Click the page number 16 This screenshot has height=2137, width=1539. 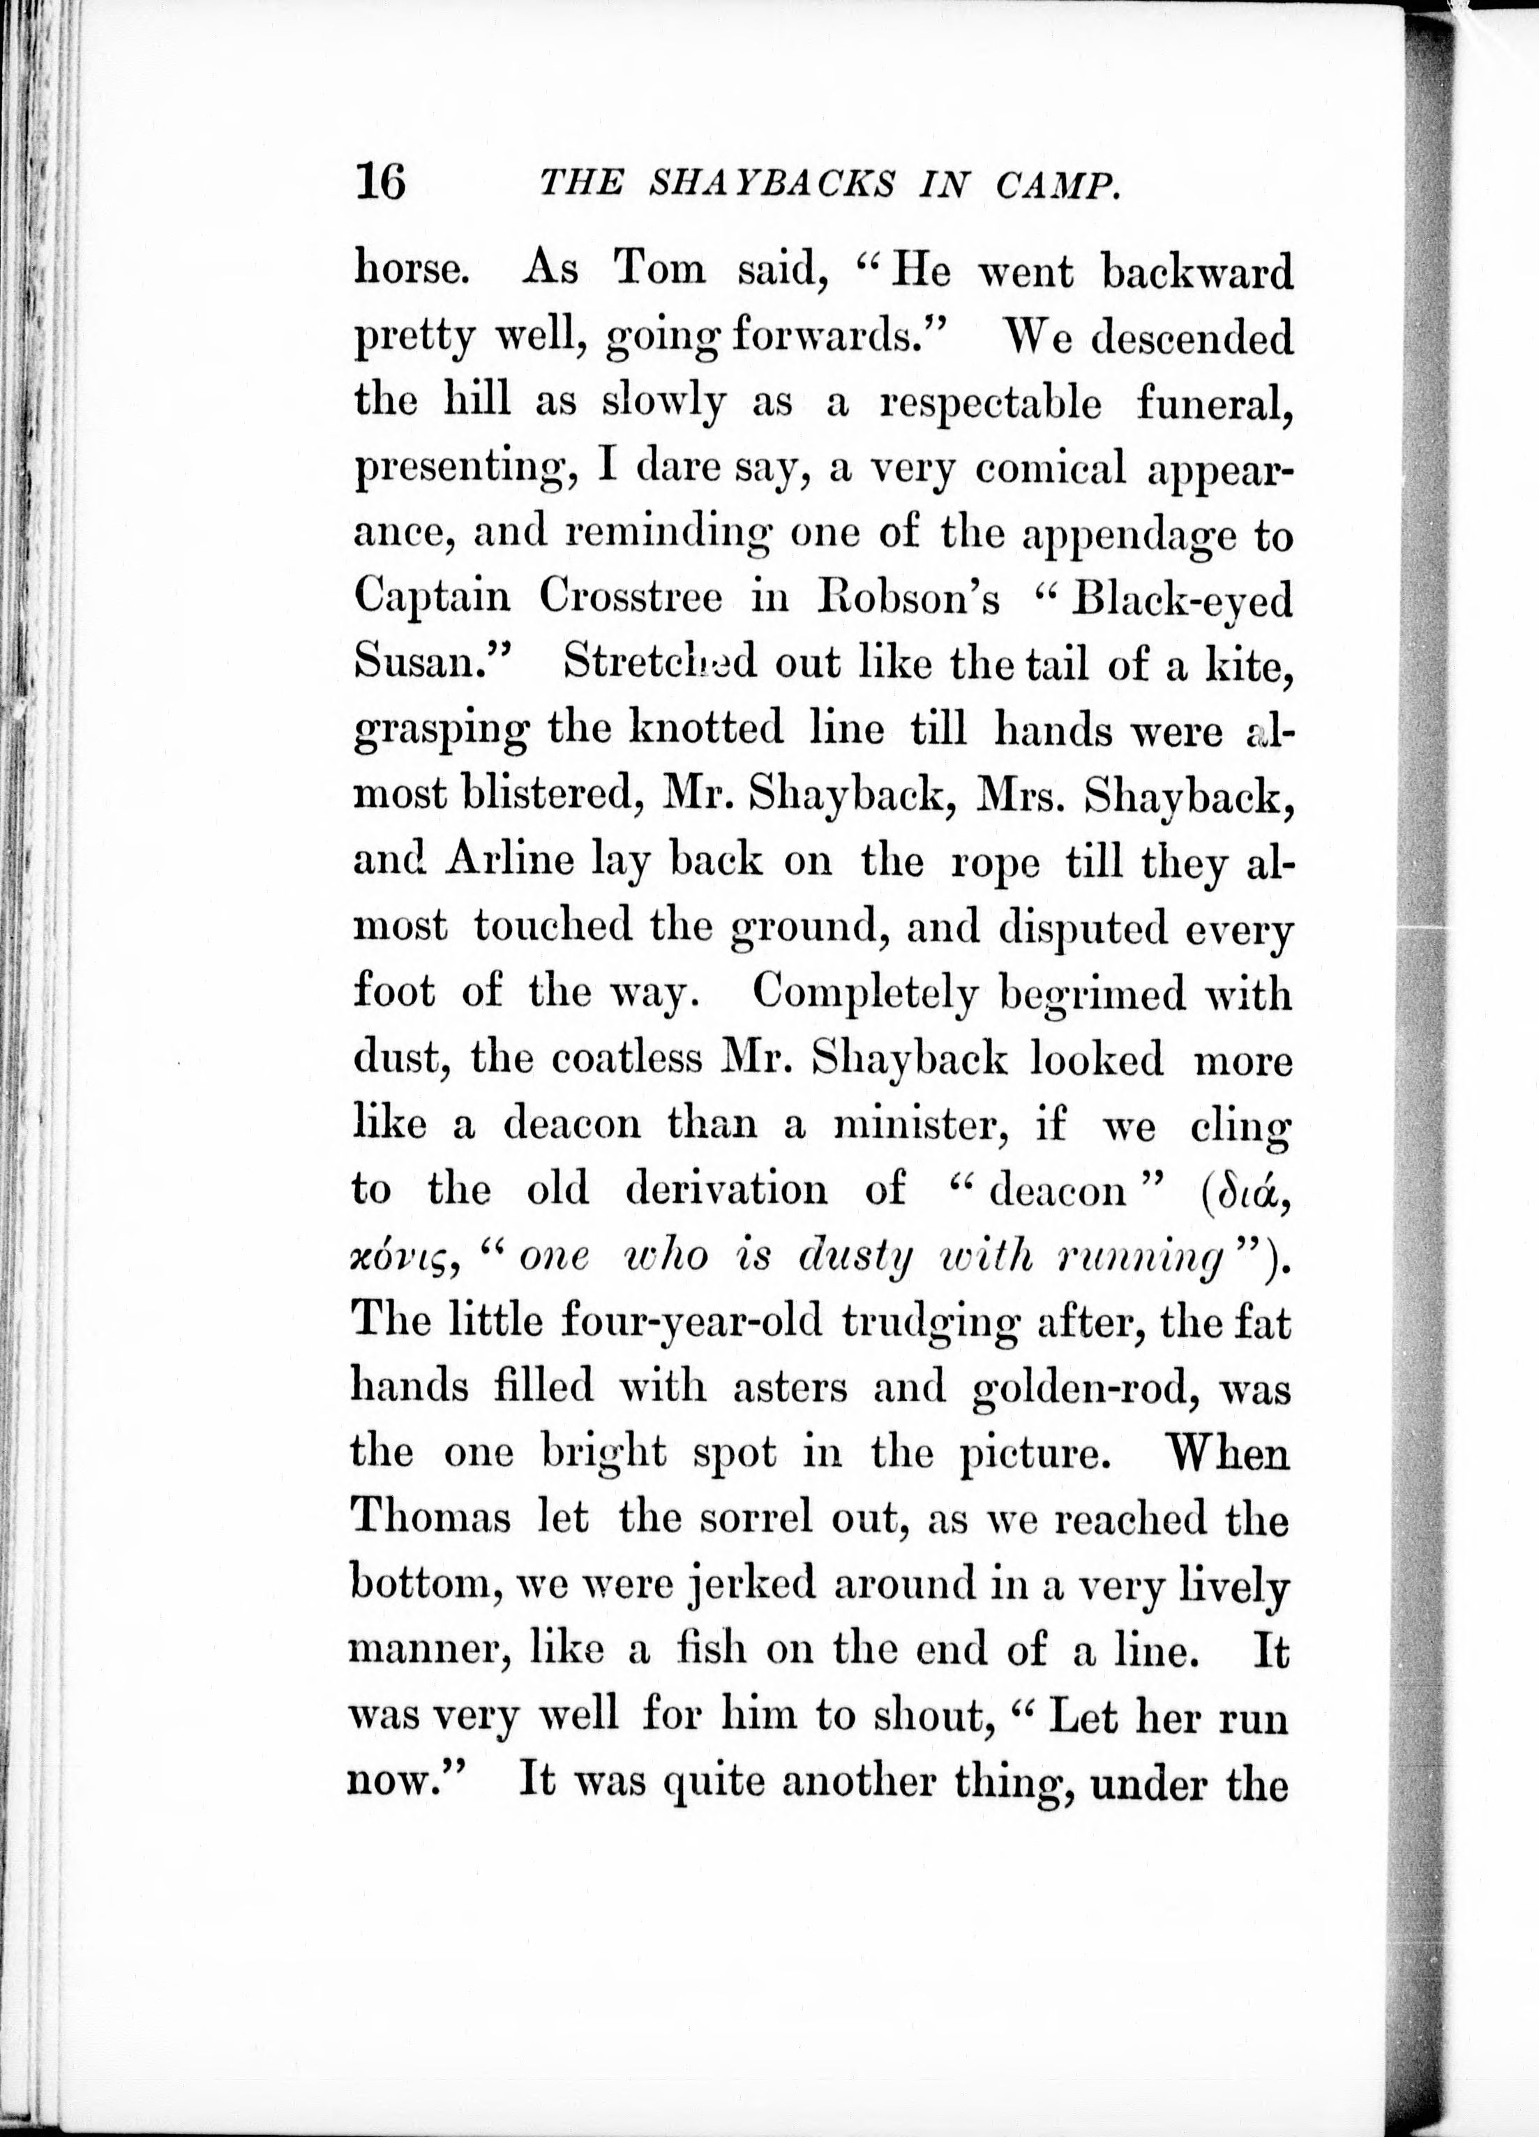click(x=381, y=180)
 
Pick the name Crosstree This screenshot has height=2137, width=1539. click(x=631, y=598)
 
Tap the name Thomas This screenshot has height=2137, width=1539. click(x=430, y=1519)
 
